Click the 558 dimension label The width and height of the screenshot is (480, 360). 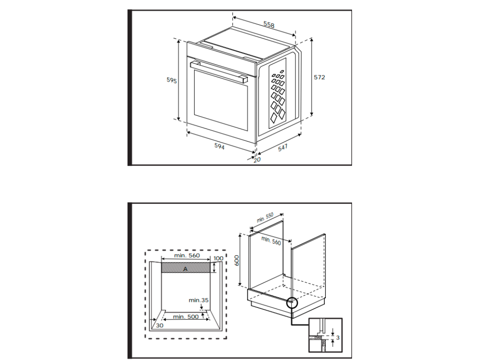tap(269, 24)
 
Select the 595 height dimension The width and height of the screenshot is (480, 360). tap(172, 80)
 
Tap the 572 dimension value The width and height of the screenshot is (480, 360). tap(319, 77)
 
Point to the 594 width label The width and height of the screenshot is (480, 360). tap(219, 146)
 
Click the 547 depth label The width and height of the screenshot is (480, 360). tap(283, 148)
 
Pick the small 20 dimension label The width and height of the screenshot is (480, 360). tap(257, 159)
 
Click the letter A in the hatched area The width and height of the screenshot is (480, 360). tap(185, 269)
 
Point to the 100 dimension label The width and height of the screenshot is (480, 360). tap(218, 258)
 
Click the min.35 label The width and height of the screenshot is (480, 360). tap(199, 300)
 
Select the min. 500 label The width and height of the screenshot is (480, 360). tap(186, 316)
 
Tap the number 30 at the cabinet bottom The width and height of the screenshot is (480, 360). tap(160, 325)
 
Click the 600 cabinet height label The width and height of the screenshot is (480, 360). tap(237, 260)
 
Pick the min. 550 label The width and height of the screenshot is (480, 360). tap(265, 217)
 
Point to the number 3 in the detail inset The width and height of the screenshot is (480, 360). tap(337, 337)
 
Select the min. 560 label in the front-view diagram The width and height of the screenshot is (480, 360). tap(187, 255)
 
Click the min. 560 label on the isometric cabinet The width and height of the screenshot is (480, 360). tap(271, 240)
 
